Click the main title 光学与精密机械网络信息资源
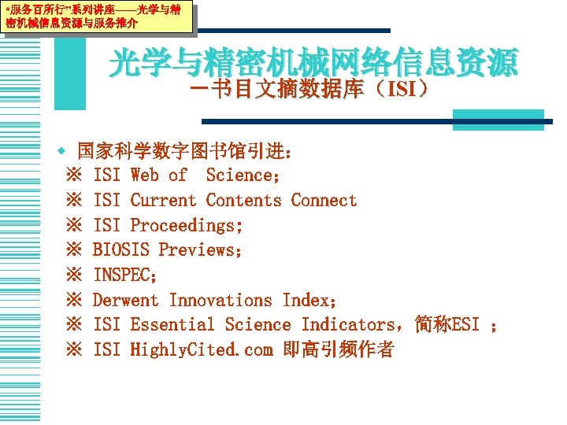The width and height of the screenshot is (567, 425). [x=313, y=64]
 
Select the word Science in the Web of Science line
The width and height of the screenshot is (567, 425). [x=239, y=176]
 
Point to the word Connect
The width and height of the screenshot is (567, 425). [x=324, y=201]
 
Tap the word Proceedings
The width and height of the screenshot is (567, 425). [x=186, y=226]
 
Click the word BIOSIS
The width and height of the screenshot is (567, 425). [x=121, y=250]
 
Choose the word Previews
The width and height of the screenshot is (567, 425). [x=200, y=250]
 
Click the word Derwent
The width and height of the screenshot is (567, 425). [x=126, y=300]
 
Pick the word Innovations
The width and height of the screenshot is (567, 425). [x=220, y=300]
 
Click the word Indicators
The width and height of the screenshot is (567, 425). [x=349, y=325]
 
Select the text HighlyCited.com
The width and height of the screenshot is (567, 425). [x=201, y=349]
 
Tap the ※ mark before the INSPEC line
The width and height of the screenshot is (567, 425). [x=76, y=275]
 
